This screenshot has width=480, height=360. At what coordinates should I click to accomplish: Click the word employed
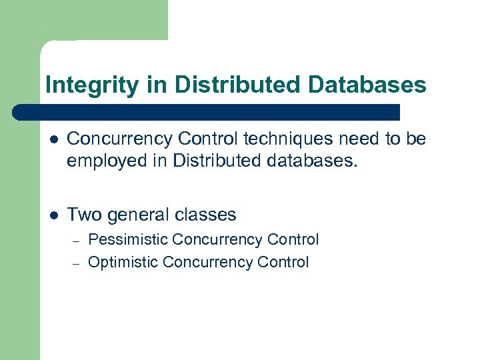point(102,161)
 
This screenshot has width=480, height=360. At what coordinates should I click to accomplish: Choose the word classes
point(205,215)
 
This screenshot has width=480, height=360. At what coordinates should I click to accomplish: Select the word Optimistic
point(123,262)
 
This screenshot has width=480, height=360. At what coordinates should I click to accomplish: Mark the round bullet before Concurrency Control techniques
point(53,139)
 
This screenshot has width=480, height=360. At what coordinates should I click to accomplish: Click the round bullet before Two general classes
point(53,215)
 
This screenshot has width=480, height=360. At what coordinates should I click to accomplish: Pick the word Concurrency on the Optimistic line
point(208,262)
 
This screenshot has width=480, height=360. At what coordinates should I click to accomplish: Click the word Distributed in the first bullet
point(203,160)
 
